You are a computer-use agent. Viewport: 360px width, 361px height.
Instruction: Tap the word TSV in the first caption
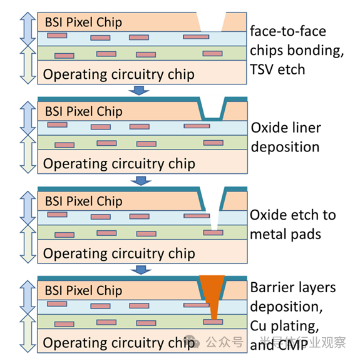pyautogui.click(x=262, y=69)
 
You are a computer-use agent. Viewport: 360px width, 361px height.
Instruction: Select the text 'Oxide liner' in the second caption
pyautogui.click(x=286, y=128)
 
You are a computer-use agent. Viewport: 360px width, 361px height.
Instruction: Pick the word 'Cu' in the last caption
pyautogui.click(x=259, y=326)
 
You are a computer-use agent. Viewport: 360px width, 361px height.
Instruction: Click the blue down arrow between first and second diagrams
pyautogui.click(x=139, y=91)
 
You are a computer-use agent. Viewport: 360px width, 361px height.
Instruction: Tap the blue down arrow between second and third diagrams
pyautogui.click(x=141, y=181)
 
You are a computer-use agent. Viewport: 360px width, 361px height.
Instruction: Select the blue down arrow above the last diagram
pyautogui.click(x=141, y=270)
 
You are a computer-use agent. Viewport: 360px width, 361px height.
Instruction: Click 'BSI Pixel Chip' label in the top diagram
pyautogui.click(x=83, y=23)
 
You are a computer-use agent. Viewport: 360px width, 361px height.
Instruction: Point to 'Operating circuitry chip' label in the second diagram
pyautogui.click(x=119, y=164)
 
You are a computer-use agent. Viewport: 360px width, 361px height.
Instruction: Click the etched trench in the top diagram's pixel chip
pyautogui.click(x=211, y=22)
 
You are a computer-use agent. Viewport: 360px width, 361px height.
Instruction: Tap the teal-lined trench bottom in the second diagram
pyautogui.click(x=212, y=119)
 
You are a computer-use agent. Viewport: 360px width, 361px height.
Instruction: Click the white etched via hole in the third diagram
pyautogui.click(x=215, y=219)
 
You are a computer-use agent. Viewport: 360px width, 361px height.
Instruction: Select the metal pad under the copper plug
pyautogui.click(x=213, y=322)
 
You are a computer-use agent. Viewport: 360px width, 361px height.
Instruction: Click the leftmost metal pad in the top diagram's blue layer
pyautogui.click(x=57, y=36)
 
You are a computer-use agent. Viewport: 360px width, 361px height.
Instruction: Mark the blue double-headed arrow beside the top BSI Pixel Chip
pyautogui.click(x=28, y=29)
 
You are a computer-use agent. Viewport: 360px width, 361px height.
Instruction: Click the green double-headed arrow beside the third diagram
pyautogui.click(x=28, y=244)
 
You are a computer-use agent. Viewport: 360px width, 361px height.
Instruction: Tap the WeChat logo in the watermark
pyautogui.click(x=192, y=342)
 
